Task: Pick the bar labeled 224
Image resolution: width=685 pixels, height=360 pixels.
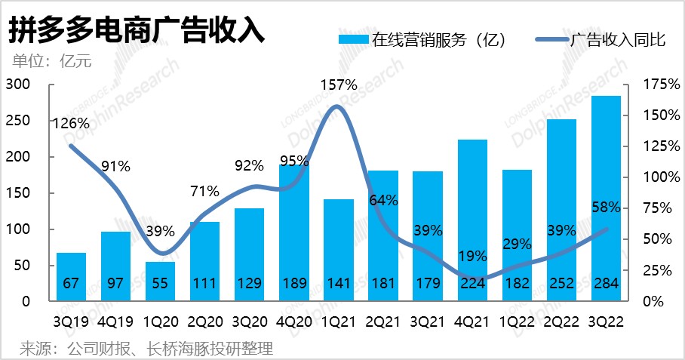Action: [473, 219]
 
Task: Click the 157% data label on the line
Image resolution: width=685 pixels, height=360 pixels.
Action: [339, 85]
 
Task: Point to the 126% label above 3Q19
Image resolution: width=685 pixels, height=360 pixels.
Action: [72, 123]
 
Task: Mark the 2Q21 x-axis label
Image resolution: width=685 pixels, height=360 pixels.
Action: [383, 320]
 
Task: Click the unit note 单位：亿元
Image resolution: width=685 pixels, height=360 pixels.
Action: [51, 61]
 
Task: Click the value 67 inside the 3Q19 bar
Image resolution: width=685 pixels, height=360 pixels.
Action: [72, 285]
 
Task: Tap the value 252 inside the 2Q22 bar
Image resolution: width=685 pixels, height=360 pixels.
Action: [562, 285]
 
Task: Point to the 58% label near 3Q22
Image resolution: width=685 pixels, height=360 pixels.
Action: [606, 207]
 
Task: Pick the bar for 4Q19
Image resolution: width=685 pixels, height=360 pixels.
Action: [116, 264]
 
